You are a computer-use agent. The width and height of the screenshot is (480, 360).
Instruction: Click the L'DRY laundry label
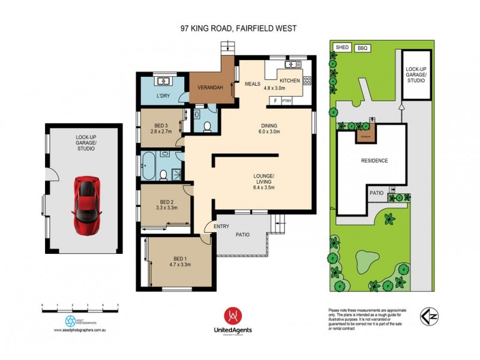coord(163,96)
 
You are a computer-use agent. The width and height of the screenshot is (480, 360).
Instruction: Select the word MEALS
coord(253,84)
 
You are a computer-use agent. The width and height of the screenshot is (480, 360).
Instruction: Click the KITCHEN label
coord(289,80)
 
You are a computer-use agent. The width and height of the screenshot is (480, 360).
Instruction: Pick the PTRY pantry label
coord(286,101)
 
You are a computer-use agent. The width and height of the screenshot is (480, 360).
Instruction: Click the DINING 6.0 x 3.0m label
coord(269,128)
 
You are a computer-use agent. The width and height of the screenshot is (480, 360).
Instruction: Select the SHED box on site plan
coord(342,47)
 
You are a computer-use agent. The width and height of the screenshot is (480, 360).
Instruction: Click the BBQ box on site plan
coord(362,47)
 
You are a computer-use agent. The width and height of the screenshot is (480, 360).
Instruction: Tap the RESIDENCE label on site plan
coord(374,161)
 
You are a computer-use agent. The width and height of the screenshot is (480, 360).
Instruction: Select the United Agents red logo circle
coord(233,316)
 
